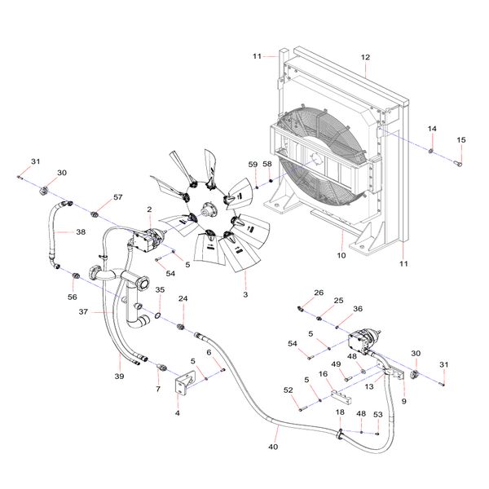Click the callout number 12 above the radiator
click(x=366, y=57)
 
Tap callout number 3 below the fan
click(x=244, y=293)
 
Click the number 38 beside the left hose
click(x=81, y=231)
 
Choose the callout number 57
click(x=118, y=198)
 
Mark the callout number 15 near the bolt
click(x=461, y=140)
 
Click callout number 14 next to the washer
click(x=433, y=130)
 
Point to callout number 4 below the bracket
click(x=178, y=414)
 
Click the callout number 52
click(x=289, y=391)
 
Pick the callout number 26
click(x=319, y=293)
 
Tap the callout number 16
click(x=323, y=375)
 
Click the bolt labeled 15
click(x=457, y=163)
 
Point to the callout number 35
click(x=160, y=290)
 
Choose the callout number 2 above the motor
click(x=150, y=210)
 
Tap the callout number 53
click(x=378, y=415)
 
